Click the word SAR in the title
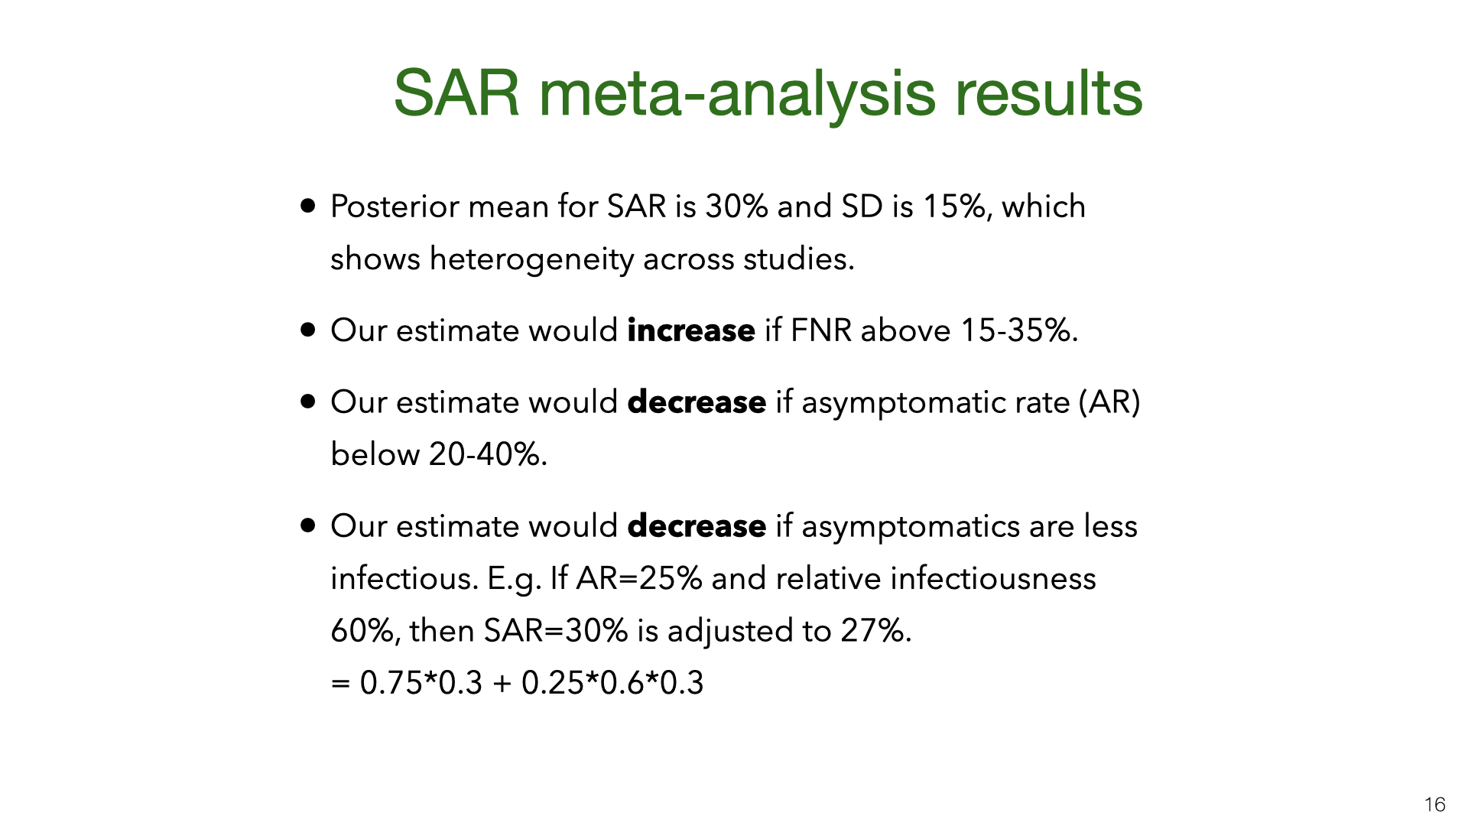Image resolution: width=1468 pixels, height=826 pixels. [x=456, y=93]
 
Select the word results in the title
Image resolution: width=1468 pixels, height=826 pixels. [x=1049, y=93]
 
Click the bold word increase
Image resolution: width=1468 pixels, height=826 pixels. [x=691, y=330]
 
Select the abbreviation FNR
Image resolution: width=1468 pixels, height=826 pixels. [x=820, y=330]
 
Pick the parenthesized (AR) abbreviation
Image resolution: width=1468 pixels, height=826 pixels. [x=1109, y=402]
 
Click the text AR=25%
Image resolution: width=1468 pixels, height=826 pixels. [x=638, y=578]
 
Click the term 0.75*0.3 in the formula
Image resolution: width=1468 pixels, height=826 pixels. [x=421, y=683]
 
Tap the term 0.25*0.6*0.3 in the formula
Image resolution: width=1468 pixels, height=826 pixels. [x=612, y=683]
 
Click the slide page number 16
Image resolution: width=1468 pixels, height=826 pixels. [x=1434, y=805]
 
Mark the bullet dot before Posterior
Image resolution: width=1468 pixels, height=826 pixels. [x=308, y=206]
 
